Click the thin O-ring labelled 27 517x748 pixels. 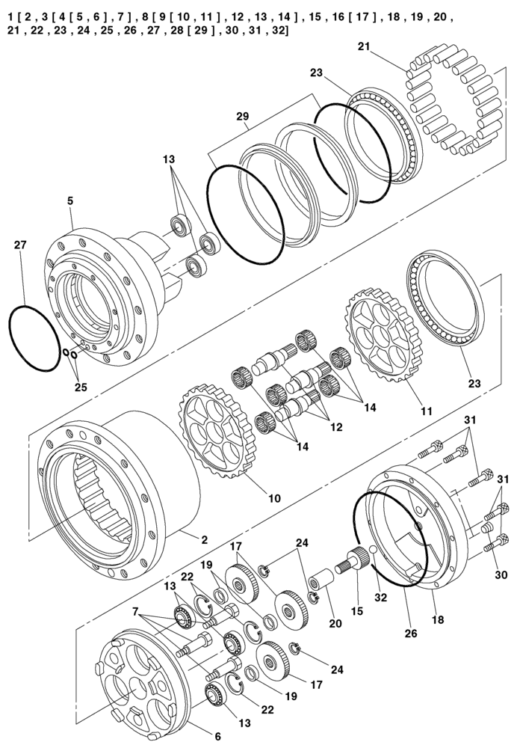[34, 337]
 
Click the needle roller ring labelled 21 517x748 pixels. [448, 105]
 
